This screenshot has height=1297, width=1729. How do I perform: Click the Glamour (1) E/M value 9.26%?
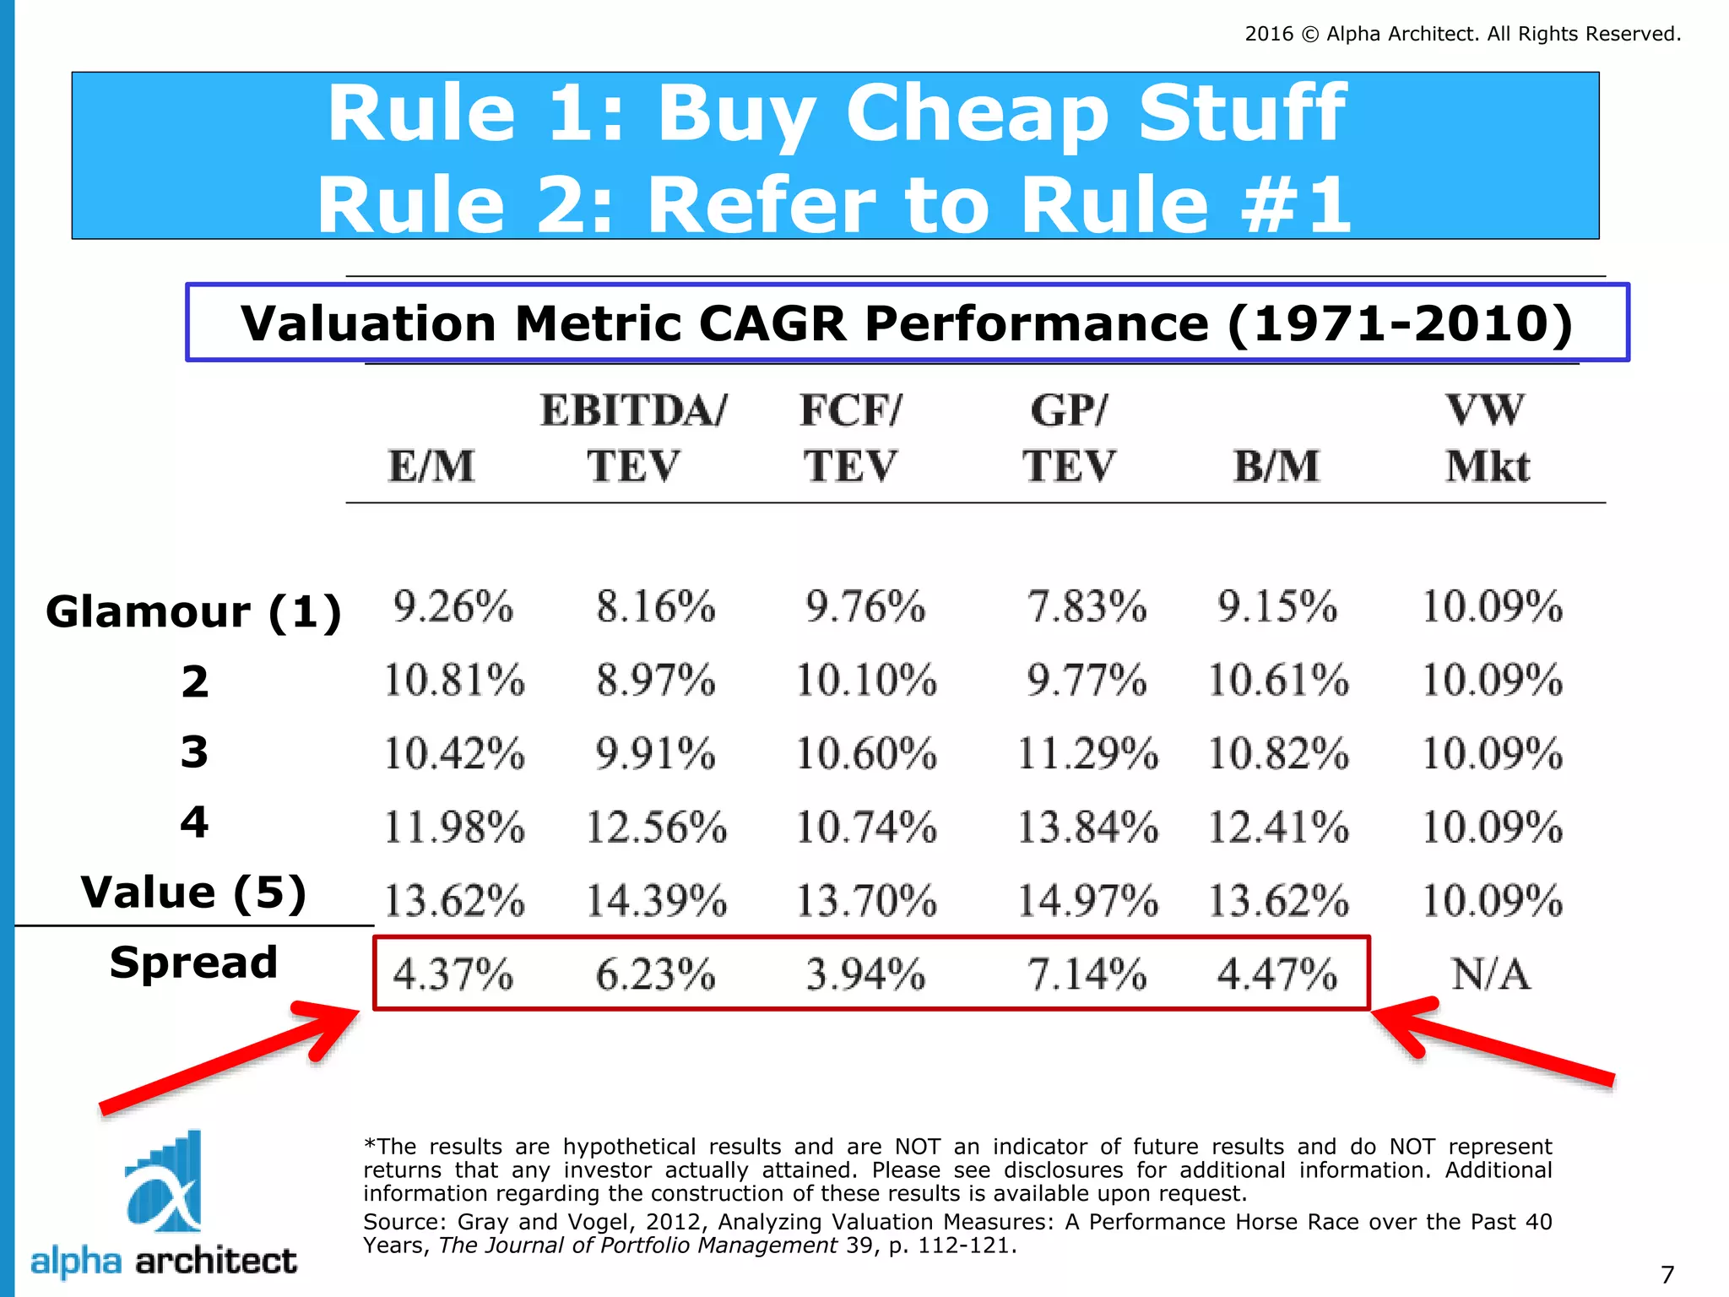click(453, 607)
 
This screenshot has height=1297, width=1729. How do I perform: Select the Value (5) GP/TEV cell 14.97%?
click(1087, 900)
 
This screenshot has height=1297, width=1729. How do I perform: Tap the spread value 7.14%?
click(1087, 974)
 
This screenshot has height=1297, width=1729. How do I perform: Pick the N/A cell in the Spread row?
click(1490, 974)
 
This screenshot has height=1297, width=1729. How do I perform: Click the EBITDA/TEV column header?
click(633, 438)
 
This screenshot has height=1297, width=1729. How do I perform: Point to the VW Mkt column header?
click(1487, 438)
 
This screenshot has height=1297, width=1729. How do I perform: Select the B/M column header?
click(1276, 466)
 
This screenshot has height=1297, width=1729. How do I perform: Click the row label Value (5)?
click(193, 893)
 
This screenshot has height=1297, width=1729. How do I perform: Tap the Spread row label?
click(193, 963)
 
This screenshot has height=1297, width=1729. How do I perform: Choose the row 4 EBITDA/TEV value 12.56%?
click(656, 828)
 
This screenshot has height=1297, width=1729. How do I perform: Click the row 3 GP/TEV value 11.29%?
click(1087, 754)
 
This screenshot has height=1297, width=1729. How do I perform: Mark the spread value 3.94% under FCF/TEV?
click(865, 974)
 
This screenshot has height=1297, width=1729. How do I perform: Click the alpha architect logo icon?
click(165, 1182)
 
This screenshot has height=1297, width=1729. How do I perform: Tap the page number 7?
click(1667, 1274)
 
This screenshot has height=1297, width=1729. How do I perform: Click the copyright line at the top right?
click(1462, 34)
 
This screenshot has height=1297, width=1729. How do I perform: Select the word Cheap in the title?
click(976, 113)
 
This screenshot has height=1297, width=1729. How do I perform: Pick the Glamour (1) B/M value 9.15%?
click(1277, 607)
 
